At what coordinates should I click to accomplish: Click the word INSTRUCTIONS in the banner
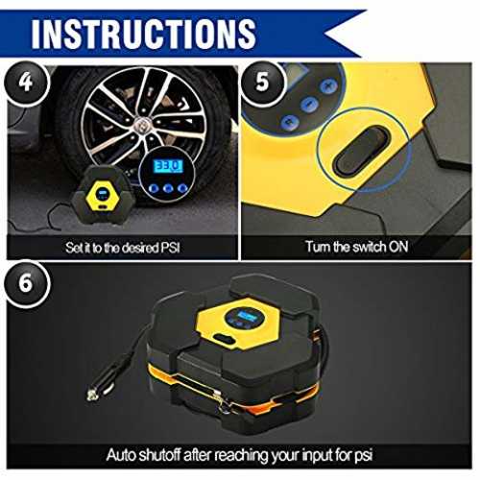point(144,34)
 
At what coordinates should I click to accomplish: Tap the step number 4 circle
point(26,82)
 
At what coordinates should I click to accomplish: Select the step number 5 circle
point(262,82)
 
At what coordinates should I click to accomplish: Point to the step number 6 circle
point(26,283)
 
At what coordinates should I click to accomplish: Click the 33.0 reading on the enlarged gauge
point(168,166)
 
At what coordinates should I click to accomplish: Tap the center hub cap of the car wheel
point(140,123)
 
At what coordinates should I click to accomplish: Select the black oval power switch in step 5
point(362,151)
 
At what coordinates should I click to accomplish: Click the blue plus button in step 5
point(329,86)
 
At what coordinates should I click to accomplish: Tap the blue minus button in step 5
point(309,105)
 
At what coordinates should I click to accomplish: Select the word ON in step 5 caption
point(398,247)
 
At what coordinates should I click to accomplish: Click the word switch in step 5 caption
point(367,247)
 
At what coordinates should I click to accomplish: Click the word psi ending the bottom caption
point(364,456)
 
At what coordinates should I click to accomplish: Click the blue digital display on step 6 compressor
point(246,316)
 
